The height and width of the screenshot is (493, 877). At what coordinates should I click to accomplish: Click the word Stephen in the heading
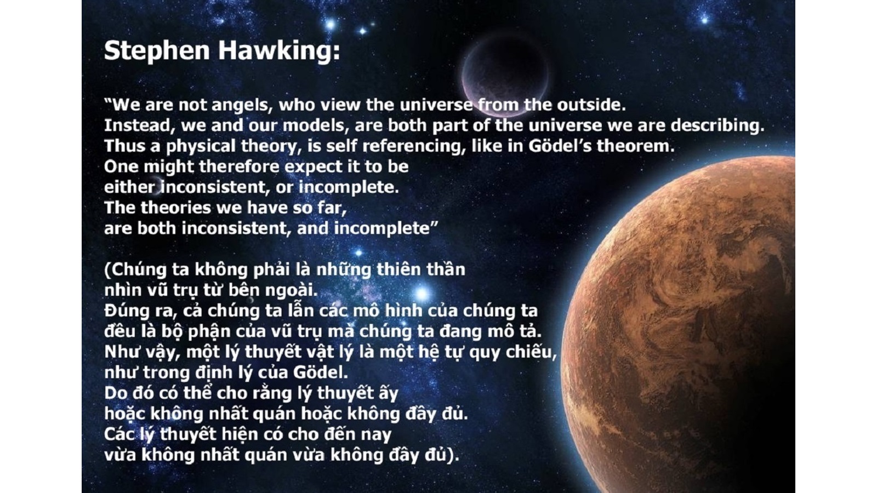point(157,51)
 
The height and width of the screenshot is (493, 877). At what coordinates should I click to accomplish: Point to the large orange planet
point(681,325)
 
